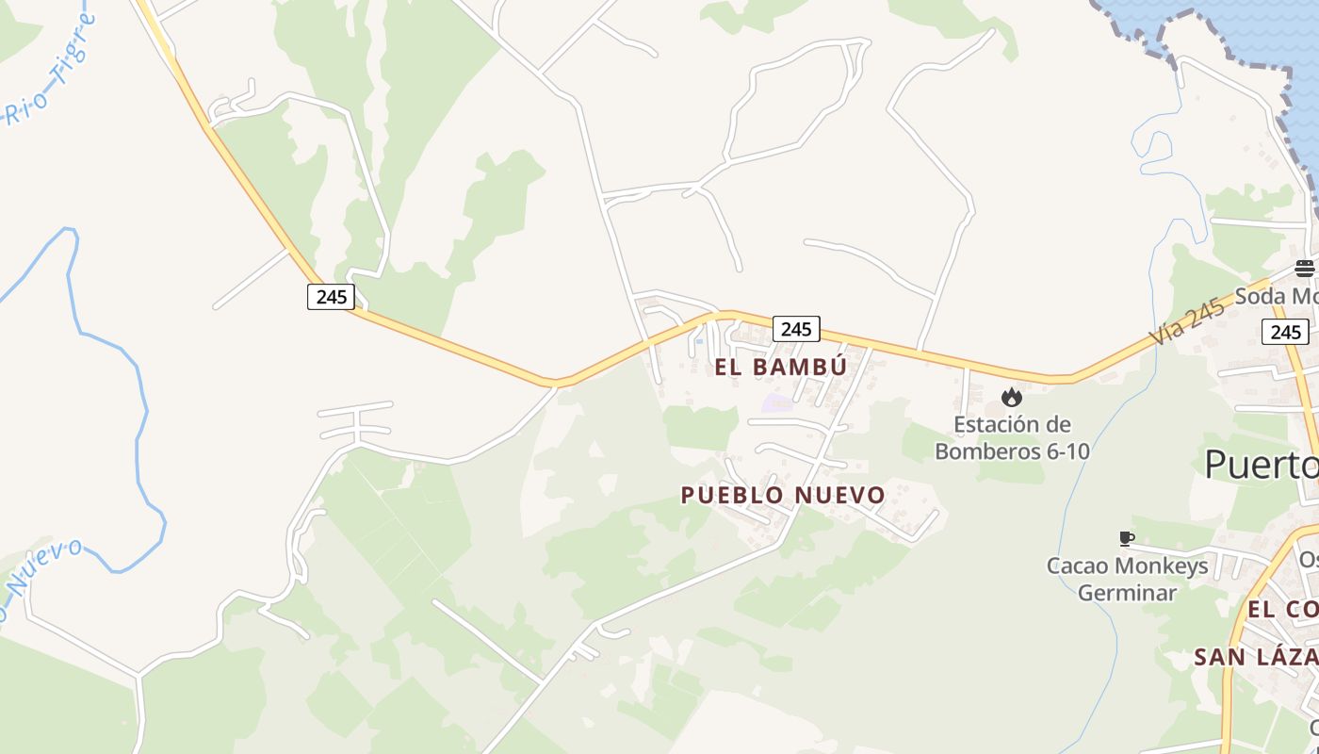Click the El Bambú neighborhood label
click(781, 367)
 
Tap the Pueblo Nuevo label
click(783, 495)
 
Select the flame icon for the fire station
click(1012, 398)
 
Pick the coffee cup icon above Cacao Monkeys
click(1126, 538)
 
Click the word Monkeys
click(1166, 565)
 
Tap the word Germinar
click(1127, 593)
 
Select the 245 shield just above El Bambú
click(796, 329)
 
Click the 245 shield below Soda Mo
click(1285, 332)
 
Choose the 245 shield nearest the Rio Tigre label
click(331, 297)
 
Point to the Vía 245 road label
click(1187, 320)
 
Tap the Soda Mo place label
click(1277, 296)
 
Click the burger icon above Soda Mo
click(1304, 269)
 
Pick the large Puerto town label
click(1261, 464)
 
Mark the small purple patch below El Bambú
click(776, 403)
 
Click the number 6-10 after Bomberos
click(1067, 451)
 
